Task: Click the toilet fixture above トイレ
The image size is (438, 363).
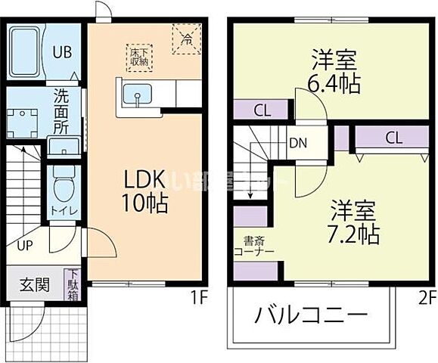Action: click(63, 184)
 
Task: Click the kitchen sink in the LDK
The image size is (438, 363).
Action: click(137, 96)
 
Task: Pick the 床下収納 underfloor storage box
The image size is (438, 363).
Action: click(140, 57)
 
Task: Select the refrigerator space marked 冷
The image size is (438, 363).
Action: click(183, 38)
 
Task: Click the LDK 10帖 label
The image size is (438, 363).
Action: click(146, 191)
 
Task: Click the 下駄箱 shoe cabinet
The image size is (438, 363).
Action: click(74, 285)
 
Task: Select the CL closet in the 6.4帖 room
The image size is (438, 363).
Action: click(261, 110)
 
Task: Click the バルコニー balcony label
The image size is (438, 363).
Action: click(310, 315)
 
